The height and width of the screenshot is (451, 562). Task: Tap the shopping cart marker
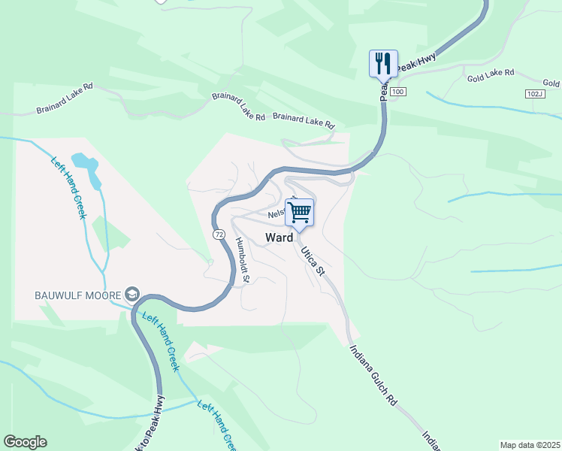(300, 213)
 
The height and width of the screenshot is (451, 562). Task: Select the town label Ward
(279, 238)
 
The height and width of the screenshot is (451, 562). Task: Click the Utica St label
(313, 260)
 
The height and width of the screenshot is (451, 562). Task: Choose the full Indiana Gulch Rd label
(373, 375)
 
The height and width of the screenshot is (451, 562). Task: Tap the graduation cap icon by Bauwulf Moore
(133, 293)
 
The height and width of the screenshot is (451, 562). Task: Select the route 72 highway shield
(218, 235)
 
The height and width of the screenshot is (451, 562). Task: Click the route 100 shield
(398, 92)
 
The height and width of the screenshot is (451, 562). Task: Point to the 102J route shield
(534, 93)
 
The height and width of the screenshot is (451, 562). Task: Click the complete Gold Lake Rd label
(490, 74)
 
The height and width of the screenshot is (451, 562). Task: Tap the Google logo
(25, 442)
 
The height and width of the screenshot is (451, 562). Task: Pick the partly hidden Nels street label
(276, 213)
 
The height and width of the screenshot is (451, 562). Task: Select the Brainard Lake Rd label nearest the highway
(304, 120)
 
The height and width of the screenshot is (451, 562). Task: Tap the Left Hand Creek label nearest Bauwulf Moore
(160, 342)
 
